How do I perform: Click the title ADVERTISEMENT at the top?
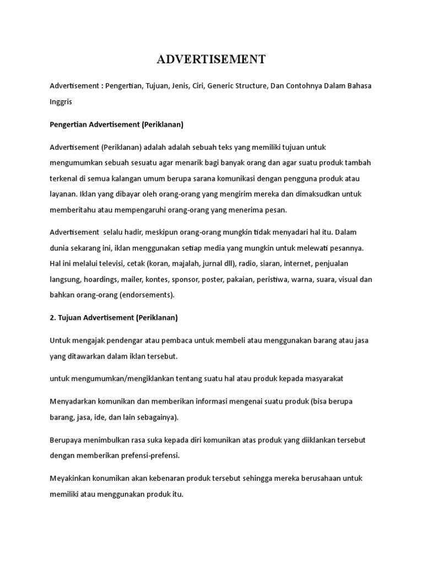[211, 59]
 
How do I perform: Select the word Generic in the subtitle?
[234, 87]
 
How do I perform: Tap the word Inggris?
[61, 102]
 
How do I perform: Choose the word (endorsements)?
[147, 295]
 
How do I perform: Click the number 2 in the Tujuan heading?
[52, 318]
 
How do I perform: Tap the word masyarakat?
[323, 378]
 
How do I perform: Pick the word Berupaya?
[66, 440]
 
